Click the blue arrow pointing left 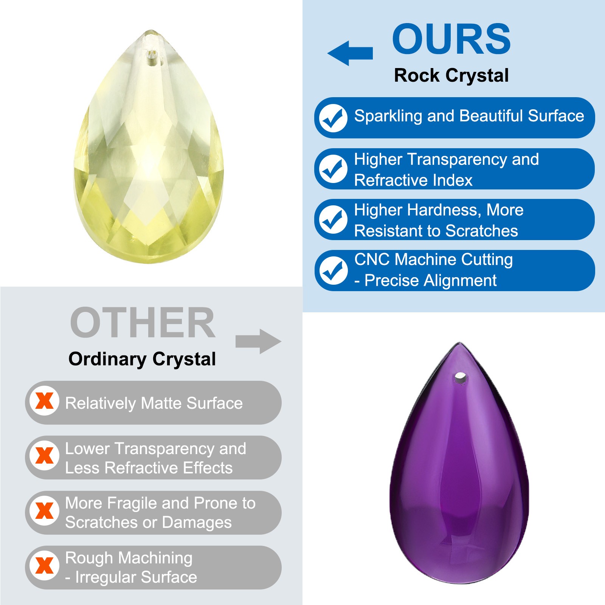click(350, 53)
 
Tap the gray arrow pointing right click(259, 341)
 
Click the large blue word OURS click(451, 39)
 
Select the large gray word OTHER click(143, 323)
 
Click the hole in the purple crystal click(460, 377)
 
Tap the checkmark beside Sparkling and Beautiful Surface click(333, 118)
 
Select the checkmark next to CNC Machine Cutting click(333, 271)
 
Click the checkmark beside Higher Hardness click(333, 220)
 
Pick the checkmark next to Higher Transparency click(333, 169)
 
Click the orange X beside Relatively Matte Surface click(44, 401)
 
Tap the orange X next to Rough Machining click(44, 566)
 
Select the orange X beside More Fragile click(44, 511)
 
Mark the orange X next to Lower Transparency click(44, 456)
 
